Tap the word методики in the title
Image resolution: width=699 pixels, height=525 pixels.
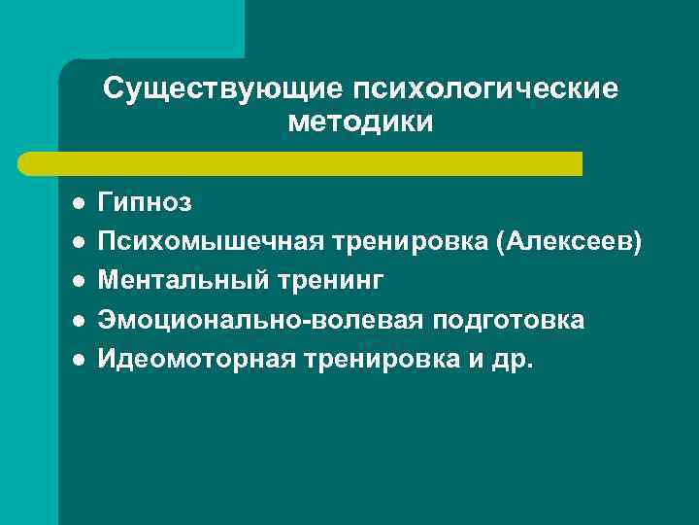(360, 123)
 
